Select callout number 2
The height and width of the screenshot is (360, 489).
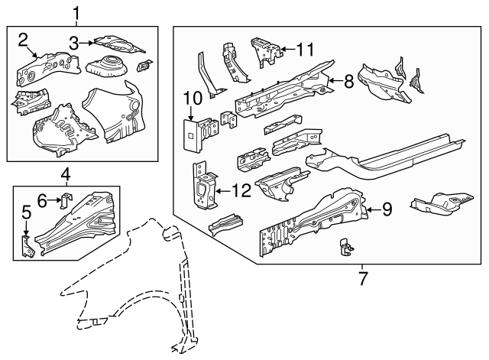click(24, 39)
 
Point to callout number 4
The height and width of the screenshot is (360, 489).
click(66, 176)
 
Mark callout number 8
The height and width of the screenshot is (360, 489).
click(348, 79)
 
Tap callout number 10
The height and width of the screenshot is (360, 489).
click(192, 98)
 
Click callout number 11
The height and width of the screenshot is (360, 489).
click(305, 50)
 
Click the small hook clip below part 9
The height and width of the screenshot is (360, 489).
click(345, 247)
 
